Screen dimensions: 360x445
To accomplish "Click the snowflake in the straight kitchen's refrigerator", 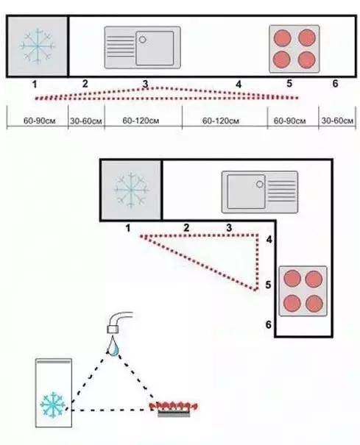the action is click(38, 46).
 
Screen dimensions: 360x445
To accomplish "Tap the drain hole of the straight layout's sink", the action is click(143, 40).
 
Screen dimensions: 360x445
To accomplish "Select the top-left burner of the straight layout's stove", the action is click(282, 38).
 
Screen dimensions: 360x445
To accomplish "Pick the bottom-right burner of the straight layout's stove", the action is click(306, 60).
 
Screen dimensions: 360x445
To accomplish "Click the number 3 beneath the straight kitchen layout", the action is click(145, 84).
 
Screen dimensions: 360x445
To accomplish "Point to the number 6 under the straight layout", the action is click(335, 83).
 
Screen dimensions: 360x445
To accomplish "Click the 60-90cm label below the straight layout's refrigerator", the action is click(39, 121).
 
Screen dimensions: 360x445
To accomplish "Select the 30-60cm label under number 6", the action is click(337, 121).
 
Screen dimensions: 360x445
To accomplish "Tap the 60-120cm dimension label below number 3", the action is click(141, 121).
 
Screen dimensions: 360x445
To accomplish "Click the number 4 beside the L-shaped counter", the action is click(269, 240).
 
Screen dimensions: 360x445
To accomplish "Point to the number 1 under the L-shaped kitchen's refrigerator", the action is click(128, 228).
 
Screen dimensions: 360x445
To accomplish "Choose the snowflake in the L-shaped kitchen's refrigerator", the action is click(131, 190).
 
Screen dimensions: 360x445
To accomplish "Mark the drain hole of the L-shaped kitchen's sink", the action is click(260, 184).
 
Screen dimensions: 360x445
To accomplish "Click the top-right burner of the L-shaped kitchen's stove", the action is click(314, 279).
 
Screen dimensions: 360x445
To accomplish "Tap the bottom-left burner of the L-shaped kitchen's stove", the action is click(292, 303).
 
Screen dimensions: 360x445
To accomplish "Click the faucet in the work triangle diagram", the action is click(118, 322).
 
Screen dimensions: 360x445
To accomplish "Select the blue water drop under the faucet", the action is click(113, 346).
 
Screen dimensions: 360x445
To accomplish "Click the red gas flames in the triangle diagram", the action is click(174, 406).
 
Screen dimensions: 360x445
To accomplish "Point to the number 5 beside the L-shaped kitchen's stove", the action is click(268, 285).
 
